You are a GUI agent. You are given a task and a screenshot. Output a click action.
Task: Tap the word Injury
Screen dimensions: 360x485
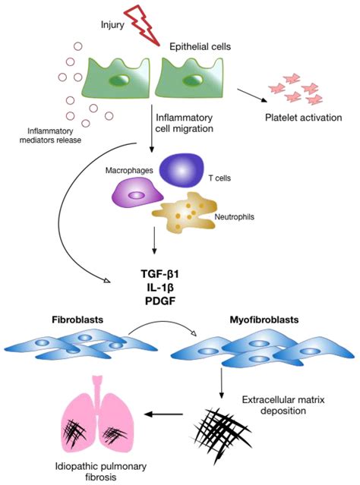112,24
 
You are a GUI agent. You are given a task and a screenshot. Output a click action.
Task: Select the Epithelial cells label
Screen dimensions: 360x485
200,47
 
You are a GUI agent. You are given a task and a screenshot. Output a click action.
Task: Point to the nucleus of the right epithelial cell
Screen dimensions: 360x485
193,80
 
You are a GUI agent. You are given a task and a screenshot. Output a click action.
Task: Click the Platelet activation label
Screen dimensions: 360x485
303,118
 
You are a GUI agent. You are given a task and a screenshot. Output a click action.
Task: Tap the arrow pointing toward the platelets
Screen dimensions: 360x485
252,96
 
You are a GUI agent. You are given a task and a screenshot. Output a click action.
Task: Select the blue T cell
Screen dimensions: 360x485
182,170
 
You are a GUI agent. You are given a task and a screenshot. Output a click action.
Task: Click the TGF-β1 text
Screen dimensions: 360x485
160,274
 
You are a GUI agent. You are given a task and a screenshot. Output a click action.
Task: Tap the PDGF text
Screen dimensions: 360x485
160,301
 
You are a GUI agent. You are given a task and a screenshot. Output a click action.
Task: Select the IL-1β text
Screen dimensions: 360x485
160,288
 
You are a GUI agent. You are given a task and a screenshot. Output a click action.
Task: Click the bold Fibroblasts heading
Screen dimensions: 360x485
77,320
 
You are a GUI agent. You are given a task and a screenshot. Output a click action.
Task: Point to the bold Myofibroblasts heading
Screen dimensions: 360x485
264,320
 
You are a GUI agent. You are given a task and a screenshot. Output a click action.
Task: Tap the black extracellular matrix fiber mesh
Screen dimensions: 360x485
220,430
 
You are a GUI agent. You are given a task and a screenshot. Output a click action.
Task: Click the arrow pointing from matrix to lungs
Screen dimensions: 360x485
164,414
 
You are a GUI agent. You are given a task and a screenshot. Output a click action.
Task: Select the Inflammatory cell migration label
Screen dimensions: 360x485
185,123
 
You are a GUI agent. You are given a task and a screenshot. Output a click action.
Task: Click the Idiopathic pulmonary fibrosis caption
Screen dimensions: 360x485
101,471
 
